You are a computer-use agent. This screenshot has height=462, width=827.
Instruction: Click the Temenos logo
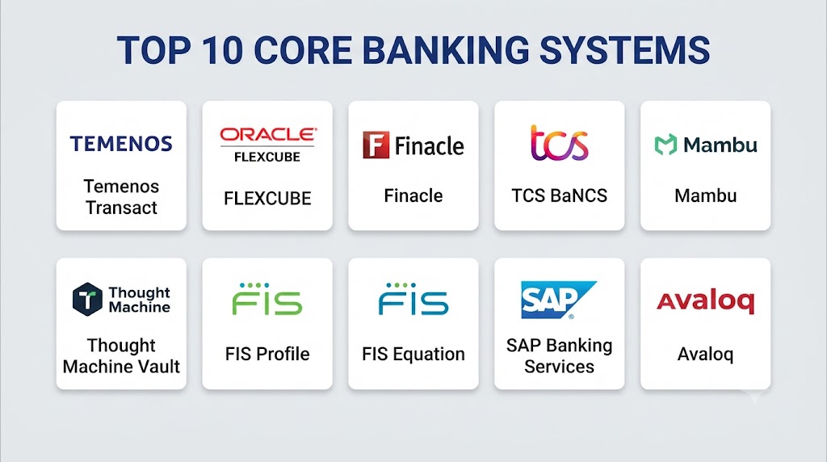pos(121,144)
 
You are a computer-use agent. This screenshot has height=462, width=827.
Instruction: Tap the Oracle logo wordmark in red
pos(268,135)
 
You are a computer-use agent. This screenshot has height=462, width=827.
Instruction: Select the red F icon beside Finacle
pos(376,145)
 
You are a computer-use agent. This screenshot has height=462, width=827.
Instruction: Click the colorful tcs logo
pos(559,143)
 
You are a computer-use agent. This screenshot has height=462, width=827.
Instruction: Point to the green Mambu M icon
pos(665,145)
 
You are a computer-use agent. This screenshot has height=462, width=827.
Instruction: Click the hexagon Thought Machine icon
pos(87,299)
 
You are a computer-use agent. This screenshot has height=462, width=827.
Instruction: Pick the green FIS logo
pos(267,299)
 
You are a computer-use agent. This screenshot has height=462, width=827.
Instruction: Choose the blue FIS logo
pos(413,299)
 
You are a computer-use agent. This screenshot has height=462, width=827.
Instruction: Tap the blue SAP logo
pos(559,300)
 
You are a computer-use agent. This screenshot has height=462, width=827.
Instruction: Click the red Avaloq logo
pos(706,301)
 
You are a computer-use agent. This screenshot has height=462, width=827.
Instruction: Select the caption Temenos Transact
pos(121,197)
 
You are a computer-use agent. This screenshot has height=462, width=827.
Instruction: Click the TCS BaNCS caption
pos(559,195)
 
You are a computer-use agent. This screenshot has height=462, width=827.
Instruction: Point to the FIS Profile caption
pos(267,354)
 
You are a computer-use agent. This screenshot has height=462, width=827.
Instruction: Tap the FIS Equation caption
pos(413,355)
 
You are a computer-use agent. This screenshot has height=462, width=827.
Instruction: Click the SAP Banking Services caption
pos(559,355)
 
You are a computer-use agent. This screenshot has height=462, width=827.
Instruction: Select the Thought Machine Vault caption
pos(121,355)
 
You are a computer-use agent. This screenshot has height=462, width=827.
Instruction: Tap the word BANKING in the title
pos(446,50)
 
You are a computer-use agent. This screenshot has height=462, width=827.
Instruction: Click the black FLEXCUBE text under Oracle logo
pos(267,157)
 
